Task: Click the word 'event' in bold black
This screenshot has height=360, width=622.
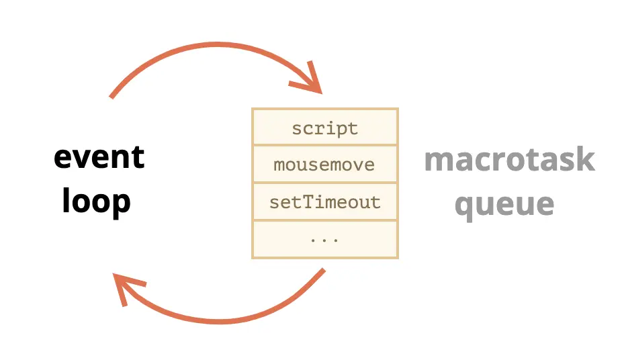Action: pyautogui.click(x=99, y=157)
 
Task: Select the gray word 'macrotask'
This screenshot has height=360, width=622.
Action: pyautogui.click(x=510, y=159)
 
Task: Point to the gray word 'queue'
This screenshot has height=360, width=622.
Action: pyautogui.click(x=504, y=205)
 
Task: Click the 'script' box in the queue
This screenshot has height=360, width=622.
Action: pyautogui.click(x=325, y=127)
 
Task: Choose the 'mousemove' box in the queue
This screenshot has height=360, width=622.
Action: pyautogui.click(x=325, y=164)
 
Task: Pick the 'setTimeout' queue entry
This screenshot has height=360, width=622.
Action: pyautogui.click(x=325, y=201)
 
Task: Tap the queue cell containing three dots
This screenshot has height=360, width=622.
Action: pyautogui.click(x=325, y=239)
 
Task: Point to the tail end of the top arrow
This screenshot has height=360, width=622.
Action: pyautogui.click(x=112, y=97)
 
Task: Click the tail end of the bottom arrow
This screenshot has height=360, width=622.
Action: pyautogui.click(x=323, y=271)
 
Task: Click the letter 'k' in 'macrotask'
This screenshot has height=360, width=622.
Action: pyautogui.click(x=586, y=159)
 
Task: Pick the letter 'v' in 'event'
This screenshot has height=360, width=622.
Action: pyautogui.click(x=84, y=159)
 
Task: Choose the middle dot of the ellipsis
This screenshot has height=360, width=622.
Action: pyautogui.click(x=324, y=240)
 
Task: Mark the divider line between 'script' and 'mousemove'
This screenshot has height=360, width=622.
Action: pyautogui.click(x=325, y=146)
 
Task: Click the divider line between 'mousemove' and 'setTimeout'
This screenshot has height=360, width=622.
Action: pyautogui.click(x=325, y=183)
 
